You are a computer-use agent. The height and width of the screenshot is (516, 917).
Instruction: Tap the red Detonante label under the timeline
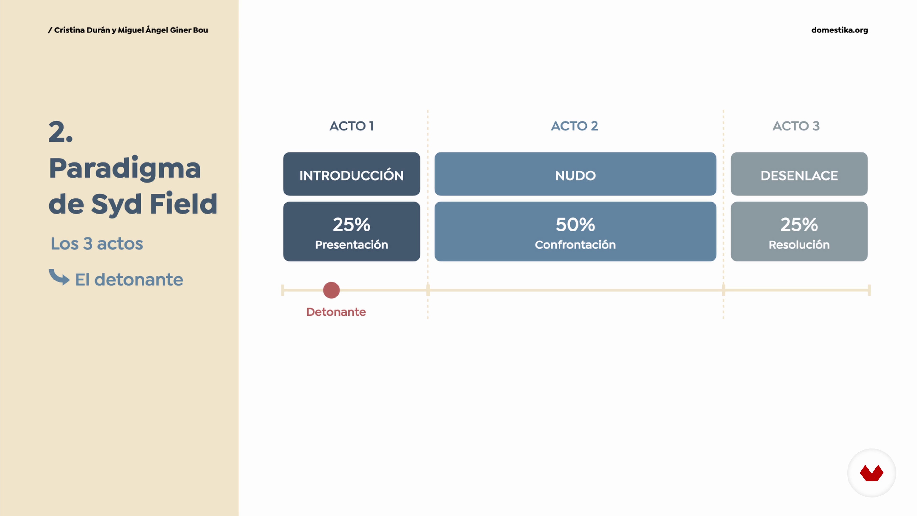point(336,312)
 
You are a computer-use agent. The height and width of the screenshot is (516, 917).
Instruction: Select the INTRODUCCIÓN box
point(351,174)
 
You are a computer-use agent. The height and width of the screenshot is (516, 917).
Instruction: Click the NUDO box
point(575,174)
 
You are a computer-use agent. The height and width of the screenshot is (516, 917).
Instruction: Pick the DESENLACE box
point(799,174)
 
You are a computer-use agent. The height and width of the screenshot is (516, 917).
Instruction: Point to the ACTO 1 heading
point(351,126)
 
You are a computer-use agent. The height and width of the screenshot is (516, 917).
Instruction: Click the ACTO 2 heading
point(575,126)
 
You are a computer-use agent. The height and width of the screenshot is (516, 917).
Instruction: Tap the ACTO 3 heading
point(796,126)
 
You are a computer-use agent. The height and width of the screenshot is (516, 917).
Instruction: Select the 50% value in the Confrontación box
point(575,225)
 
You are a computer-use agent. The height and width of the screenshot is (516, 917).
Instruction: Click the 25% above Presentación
point(351,225)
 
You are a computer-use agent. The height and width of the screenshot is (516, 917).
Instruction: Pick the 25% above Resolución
point(799,225)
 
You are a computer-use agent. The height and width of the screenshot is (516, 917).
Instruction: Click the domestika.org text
point(839,30)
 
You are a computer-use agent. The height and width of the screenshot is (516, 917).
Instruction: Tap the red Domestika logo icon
point(871,473)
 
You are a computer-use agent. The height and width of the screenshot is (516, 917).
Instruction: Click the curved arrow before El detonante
point(59,277)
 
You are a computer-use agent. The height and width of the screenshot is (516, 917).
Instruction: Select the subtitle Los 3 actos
point(97,244)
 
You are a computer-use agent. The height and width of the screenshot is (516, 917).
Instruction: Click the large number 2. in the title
point(60,132)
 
